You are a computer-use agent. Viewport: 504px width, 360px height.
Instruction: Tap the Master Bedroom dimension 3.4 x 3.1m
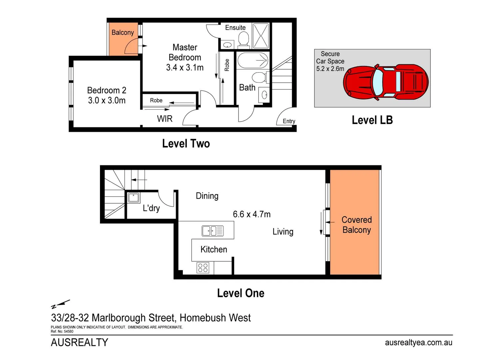(x=185, y=68)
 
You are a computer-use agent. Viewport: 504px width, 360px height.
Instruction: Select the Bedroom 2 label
(x=107, y=90)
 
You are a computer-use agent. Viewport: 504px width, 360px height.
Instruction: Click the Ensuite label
(x=235, y=28)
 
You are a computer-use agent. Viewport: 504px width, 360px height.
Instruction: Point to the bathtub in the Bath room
(x=253, y=60)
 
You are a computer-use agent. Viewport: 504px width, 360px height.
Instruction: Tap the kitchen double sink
(x=213, y=231)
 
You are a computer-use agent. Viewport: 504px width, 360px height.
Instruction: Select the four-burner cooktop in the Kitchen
(x=203, y=268)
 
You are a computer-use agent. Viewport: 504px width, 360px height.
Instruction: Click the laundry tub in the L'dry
(x=134, y=198)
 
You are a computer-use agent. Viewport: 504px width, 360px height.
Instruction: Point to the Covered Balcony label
(x=356, y=225)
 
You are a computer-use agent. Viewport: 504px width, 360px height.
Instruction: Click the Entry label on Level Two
(x=289, y=121)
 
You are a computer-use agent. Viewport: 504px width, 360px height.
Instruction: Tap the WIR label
(x=165, y=119)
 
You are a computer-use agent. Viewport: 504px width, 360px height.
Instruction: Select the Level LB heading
(x=372, y=120)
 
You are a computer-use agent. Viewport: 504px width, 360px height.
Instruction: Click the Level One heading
(x=241, y=293)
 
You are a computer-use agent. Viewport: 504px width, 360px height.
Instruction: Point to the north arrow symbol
(x=60, y=304)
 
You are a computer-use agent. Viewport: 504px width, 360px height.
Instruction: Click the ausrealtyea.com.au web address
(x=418, y=343)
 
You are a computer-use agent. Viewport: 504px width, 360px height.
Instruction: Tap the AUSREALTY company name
(x=80, y=342)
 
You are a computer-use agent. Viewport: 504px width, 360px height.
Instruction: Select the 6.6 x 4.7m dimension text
(x=252, y=214)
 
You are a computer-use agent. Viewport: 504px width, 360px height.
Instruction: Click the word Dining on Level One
(x=207, y=196)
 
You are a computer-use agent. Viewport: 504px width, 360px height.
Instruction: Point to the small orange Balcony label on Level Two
(x=123, y=32)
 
